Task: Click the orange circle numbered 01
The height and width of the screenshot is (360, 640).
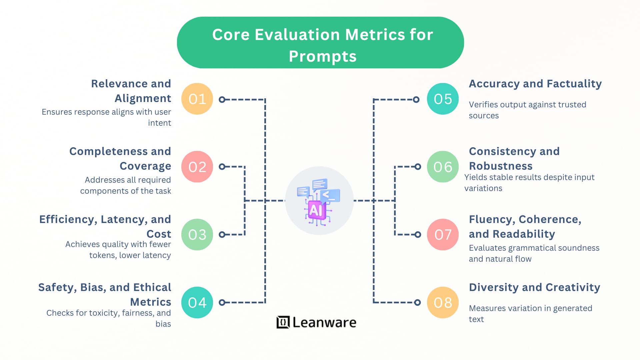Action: point(197,99)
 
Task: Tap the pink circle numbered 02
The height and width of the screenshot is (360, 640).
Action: point(197,167)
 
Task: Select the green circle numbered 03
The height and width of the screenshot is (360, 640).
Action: point(197,235)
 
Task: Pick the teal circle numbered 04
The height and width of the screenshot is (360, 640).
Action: point(197,302)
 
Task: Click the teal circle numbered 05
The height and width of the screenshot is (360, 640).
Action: point(443,99)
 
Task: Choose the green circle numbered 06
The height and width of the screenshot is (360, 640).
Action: point(443,167)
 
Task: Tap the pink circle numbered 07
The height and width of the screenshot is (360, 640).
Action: point(443,235)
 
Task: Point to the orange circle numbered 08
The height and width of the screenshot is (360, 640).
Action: point(443,302)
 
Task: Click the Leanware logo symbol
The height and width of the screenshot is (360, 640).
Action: point(283,322)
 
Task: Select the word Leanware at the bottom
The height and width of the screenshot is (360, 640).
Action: point(324,322)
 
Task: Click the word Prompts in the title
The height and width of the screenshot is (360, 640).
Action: point(323,56)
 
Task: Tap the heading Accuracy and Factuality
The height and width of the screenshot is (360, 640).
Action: point(535,84)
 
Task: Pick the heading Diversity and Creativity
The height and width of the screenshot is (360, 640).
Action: point(534,287)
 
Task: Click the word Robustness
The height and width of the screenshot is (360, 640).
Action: point(500,166)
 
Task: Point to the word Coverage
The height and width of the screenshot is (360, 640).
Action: point(145,166)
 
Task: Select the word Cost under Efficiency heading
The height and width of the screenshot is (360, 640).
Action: point(159,234)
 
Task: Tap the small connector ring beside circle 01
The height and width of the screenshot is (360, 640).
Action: point(222,99)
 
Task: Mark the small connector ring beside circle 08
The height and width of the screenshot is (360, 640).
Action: point(417,302)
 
